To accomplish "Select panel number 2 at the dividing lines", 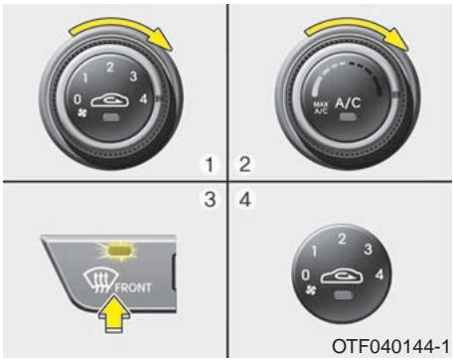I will pyautogui.click(x=243, y=160).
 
